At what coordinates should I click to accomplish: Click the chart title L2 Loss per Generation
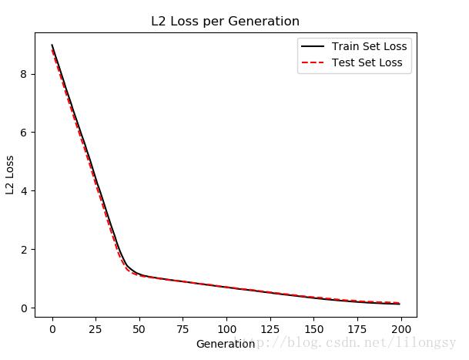[x=225, y=22]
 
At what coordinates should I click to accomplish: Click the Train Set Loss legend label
[x=369, y=46]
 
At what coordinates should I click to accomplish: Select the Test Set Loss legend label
[x=367, y=62]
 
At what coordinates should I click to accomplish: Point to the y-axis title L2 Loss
[x=10, y=175]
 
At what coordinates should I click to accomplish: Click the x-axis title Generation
[x=225, y=344]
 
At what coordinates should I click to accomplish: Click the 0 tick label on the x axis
[x=52, y=328]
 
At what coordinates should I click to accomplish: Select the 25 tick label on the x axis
[x=95, y=328]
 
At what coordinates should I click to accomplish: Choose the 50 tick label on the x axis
[x=139, y=328]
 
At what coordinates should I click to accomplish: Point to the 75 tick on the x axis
[x=183, y=328]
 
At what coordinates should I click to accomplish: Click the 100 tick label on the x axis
[x=226, y=328]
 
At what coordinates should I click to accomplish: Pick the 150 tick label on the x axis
[x=313, y=328]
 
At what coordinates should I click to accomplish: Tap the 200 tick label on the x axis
[x=400, y=328]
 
